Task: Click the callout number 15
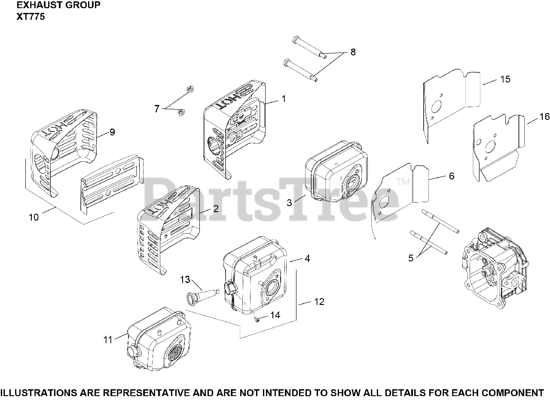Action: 505,80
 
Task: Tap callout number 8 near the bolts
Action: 353,52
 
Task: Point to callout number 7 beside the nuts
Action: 157,109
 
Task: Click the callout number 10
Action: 34,217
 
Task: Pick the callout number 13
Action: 185,280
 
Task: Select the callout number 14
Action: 275,315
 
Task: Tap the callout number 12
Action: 319,302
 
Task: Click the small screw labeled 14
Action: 256,320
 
